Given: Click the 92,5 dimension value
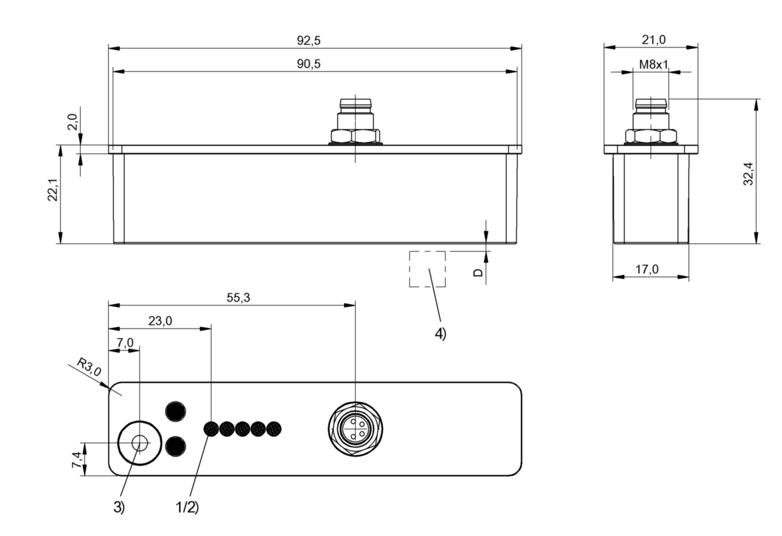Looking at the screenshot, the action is tap(309, 40).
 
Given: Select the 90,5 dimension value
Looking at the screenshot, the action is tap(309, 64).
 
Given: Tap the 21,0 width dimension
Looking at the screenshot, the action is tap(653, 40).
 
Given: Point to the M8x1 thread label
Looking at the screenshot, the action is tap(653, 64).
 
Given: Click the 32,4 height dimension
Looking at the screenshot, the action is tap(748, 174).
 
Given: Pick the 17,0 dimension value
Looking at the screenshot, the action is tap(647, 269).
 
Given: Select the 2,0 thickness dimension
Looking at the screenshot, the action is tap(73, 122).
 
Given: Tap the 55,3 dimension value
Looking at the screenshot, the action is tap(239, 297).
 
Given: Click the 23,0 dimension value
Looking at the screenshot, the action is tap(160, 321).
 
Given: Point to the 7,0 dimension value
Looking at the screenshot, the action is tap(125, 343).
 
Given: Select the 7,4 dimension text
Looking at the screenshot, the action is tap(76, 460).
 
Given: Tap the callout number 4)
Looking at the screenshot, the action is tap(440, 334).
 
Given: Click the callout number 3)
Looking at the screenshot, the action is tap(118, 507).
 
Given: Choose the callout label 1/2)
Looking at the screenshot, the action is tap(187, 507).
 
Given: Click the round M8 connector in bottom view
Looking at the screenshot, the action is tap(355, 428).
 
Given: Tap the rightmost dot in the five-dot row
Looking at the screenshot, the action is tap(274, 428).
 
